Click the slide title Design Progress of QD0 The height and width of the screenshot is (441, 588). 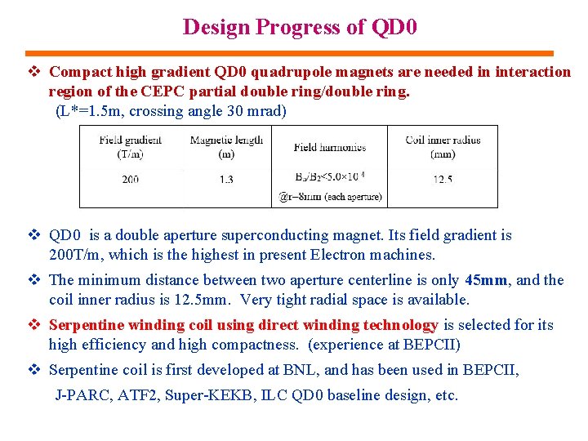[x=300, y=27]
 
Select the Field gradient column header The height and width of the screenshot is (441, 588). [x=130, y=146]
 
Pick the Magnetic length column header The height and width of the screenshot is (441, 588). [x=226, y=146]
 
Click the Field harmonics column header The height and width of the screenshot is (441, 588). [x=329, y=147]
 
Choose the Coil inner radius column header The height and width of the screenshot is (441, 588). [x=442, y=146]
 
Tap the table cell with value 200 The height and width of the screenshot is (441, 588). [x=130, y=179]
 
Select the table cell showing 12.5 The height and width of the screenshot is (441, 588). [x=442, y=179]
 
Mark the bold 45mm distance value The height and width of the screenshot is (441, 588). [x=487, y=280]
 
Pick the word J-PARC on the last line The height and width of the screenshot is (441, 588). [x=79, y=395]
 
